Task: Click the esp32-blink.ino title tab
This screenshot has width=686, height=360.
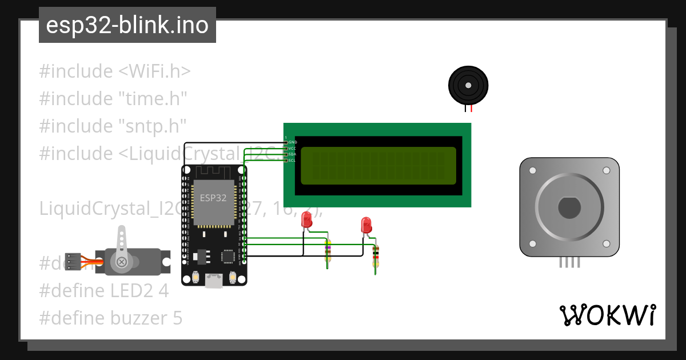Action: click(127, 25)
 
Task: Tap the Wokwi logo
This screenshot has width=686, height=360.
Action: click(607, 315)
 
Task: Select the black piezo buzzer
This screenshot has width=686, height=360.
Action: click(468, 86)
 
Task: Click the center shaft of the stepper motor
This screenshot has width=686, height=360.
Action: click(569, 207)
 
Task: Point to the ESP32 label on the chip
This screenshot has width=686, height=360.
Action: click(213, 198)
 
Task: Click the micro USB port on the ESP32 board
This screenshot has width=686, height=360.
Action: click(214, 280)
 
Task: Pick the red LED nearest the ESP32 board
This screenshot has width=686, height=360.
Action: click(306, 220)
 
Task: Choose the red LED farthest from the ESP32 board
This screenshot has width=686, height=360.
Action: click(366, 225)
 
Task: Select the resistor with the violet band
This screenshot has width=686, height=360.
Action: click(328, 250)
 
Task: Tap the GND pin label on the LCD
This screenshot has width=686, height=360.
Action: click(292, 142)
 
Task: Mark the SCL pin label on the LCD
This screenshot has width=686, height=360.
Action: click(292, 161)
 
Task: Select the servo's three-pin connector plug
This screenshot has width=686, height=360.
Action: click(73, 261)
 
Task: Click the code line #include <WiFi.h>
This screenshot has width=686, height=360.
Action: click(115, 71)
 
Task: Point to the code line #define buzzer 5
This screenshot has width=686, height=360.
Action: click(111, 318)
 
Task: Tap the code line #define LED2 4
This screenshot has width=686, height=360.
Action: click(104, 291)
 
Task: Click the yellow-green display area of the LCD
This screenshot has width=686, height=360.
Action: click(378, 166)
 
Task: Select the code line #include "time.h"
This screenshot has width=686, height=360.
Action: click(113, 99)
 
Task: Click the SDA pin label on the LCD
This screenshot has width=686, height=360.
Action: click(292, 154)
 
